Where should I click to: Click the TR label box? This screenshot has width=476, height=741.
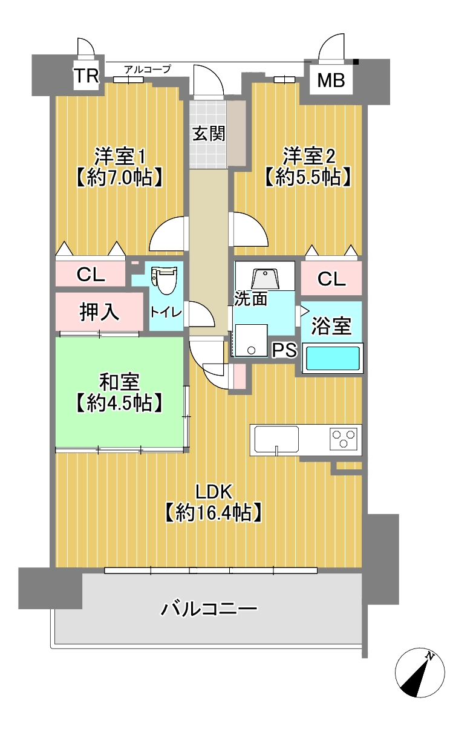point(86,76)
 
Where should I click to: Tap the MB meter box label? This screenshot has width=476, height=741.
point(331,80)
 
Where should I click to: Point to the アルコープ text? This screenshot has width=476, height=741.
point(148,69)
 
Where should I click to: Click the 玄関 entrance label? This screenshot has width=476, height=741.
point(209,134)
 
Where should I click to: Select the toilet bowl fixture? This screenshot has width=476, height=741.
point(165,281)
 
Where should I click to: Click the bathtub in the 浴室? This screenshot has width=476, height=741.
point(332,358)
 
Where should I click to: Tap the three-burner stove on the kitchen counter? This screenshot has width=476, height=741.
point(343,439)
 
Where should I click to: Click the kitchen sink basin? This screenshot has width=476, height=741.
point(276,439)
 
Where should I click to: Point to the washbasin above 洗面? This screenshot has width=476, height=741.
point(266,279)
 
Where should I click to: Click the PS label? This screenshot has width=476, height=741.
point(284,350)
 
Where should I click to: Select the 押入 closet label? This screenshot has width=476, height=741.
point(99,312)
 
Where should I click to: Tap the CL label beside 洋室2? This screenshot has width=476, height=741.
point(331,279)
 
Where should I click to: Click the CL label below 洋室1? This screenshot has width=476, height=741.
point(91,275)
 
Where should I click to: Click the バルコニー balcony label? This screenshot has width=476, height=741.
point(209,609)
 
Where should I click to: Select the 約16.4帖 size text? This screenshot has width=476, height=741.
point(214,513)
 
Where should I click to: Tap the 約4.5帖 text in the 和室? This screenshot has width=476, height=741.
point(119,403)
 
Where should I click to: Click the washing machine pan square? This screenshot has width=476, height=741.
point(251,340)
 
